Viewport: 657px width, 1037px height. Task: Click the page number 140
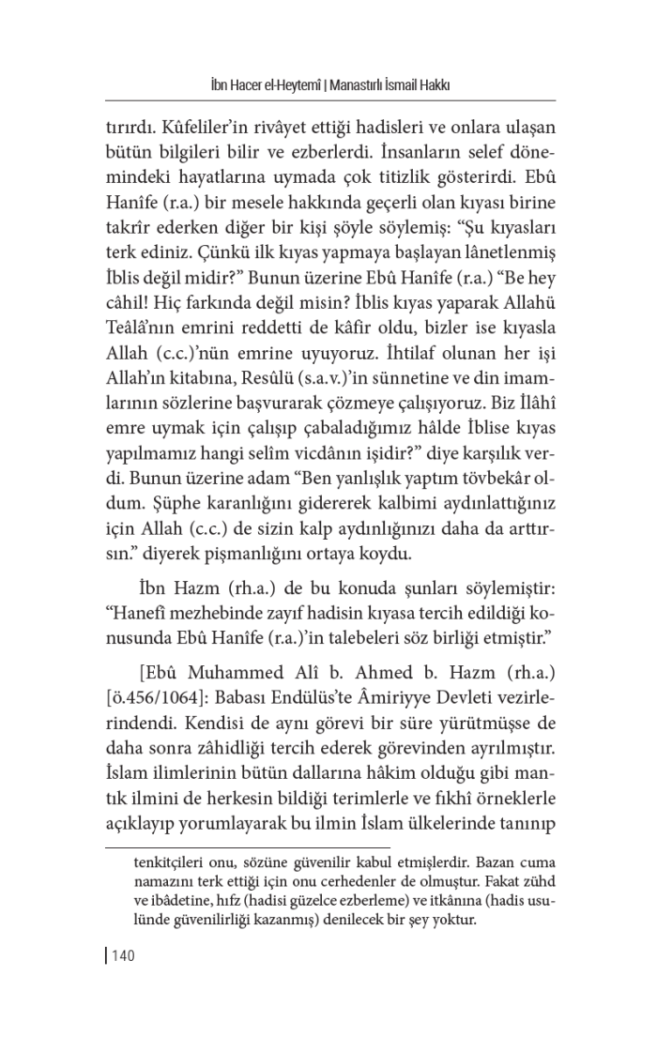click(x=125, y=956)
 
